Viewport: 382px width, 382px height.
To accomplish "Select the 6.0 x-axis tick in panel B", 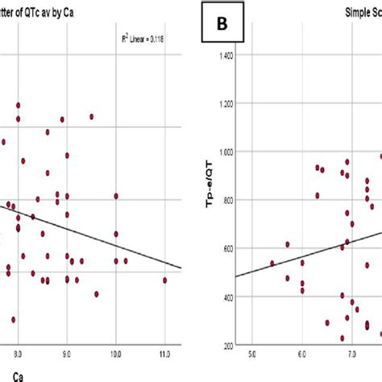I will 302,352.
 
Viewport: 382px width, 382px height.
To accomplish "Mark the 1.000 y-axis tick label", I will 227,152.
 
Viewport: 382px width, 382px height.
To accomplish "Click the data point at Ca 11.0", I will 164,280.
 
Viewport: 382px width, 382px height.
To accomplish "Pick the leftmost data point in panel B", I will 272,263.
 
